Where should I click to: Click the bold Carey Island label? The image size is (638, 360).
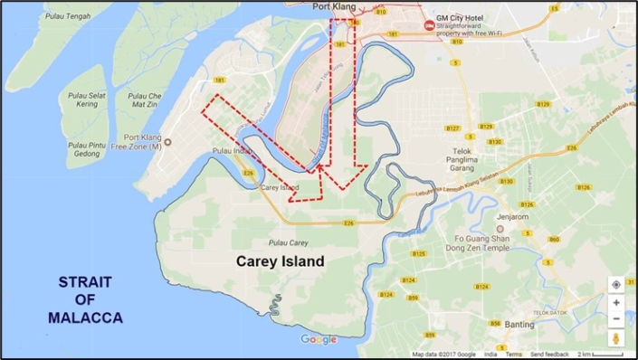280,261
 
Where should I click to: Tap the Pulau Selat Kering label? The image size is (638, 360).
88,99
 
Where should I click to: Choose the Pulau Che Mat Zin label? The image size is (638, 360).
144,99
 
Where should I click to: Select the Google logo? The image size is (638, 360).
319,340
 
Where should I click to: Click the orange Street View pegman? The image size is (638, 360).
615,338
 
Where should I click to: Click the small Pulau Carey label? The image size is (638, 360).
288,242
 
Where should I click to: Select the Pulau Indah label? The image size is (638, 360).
229,151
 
